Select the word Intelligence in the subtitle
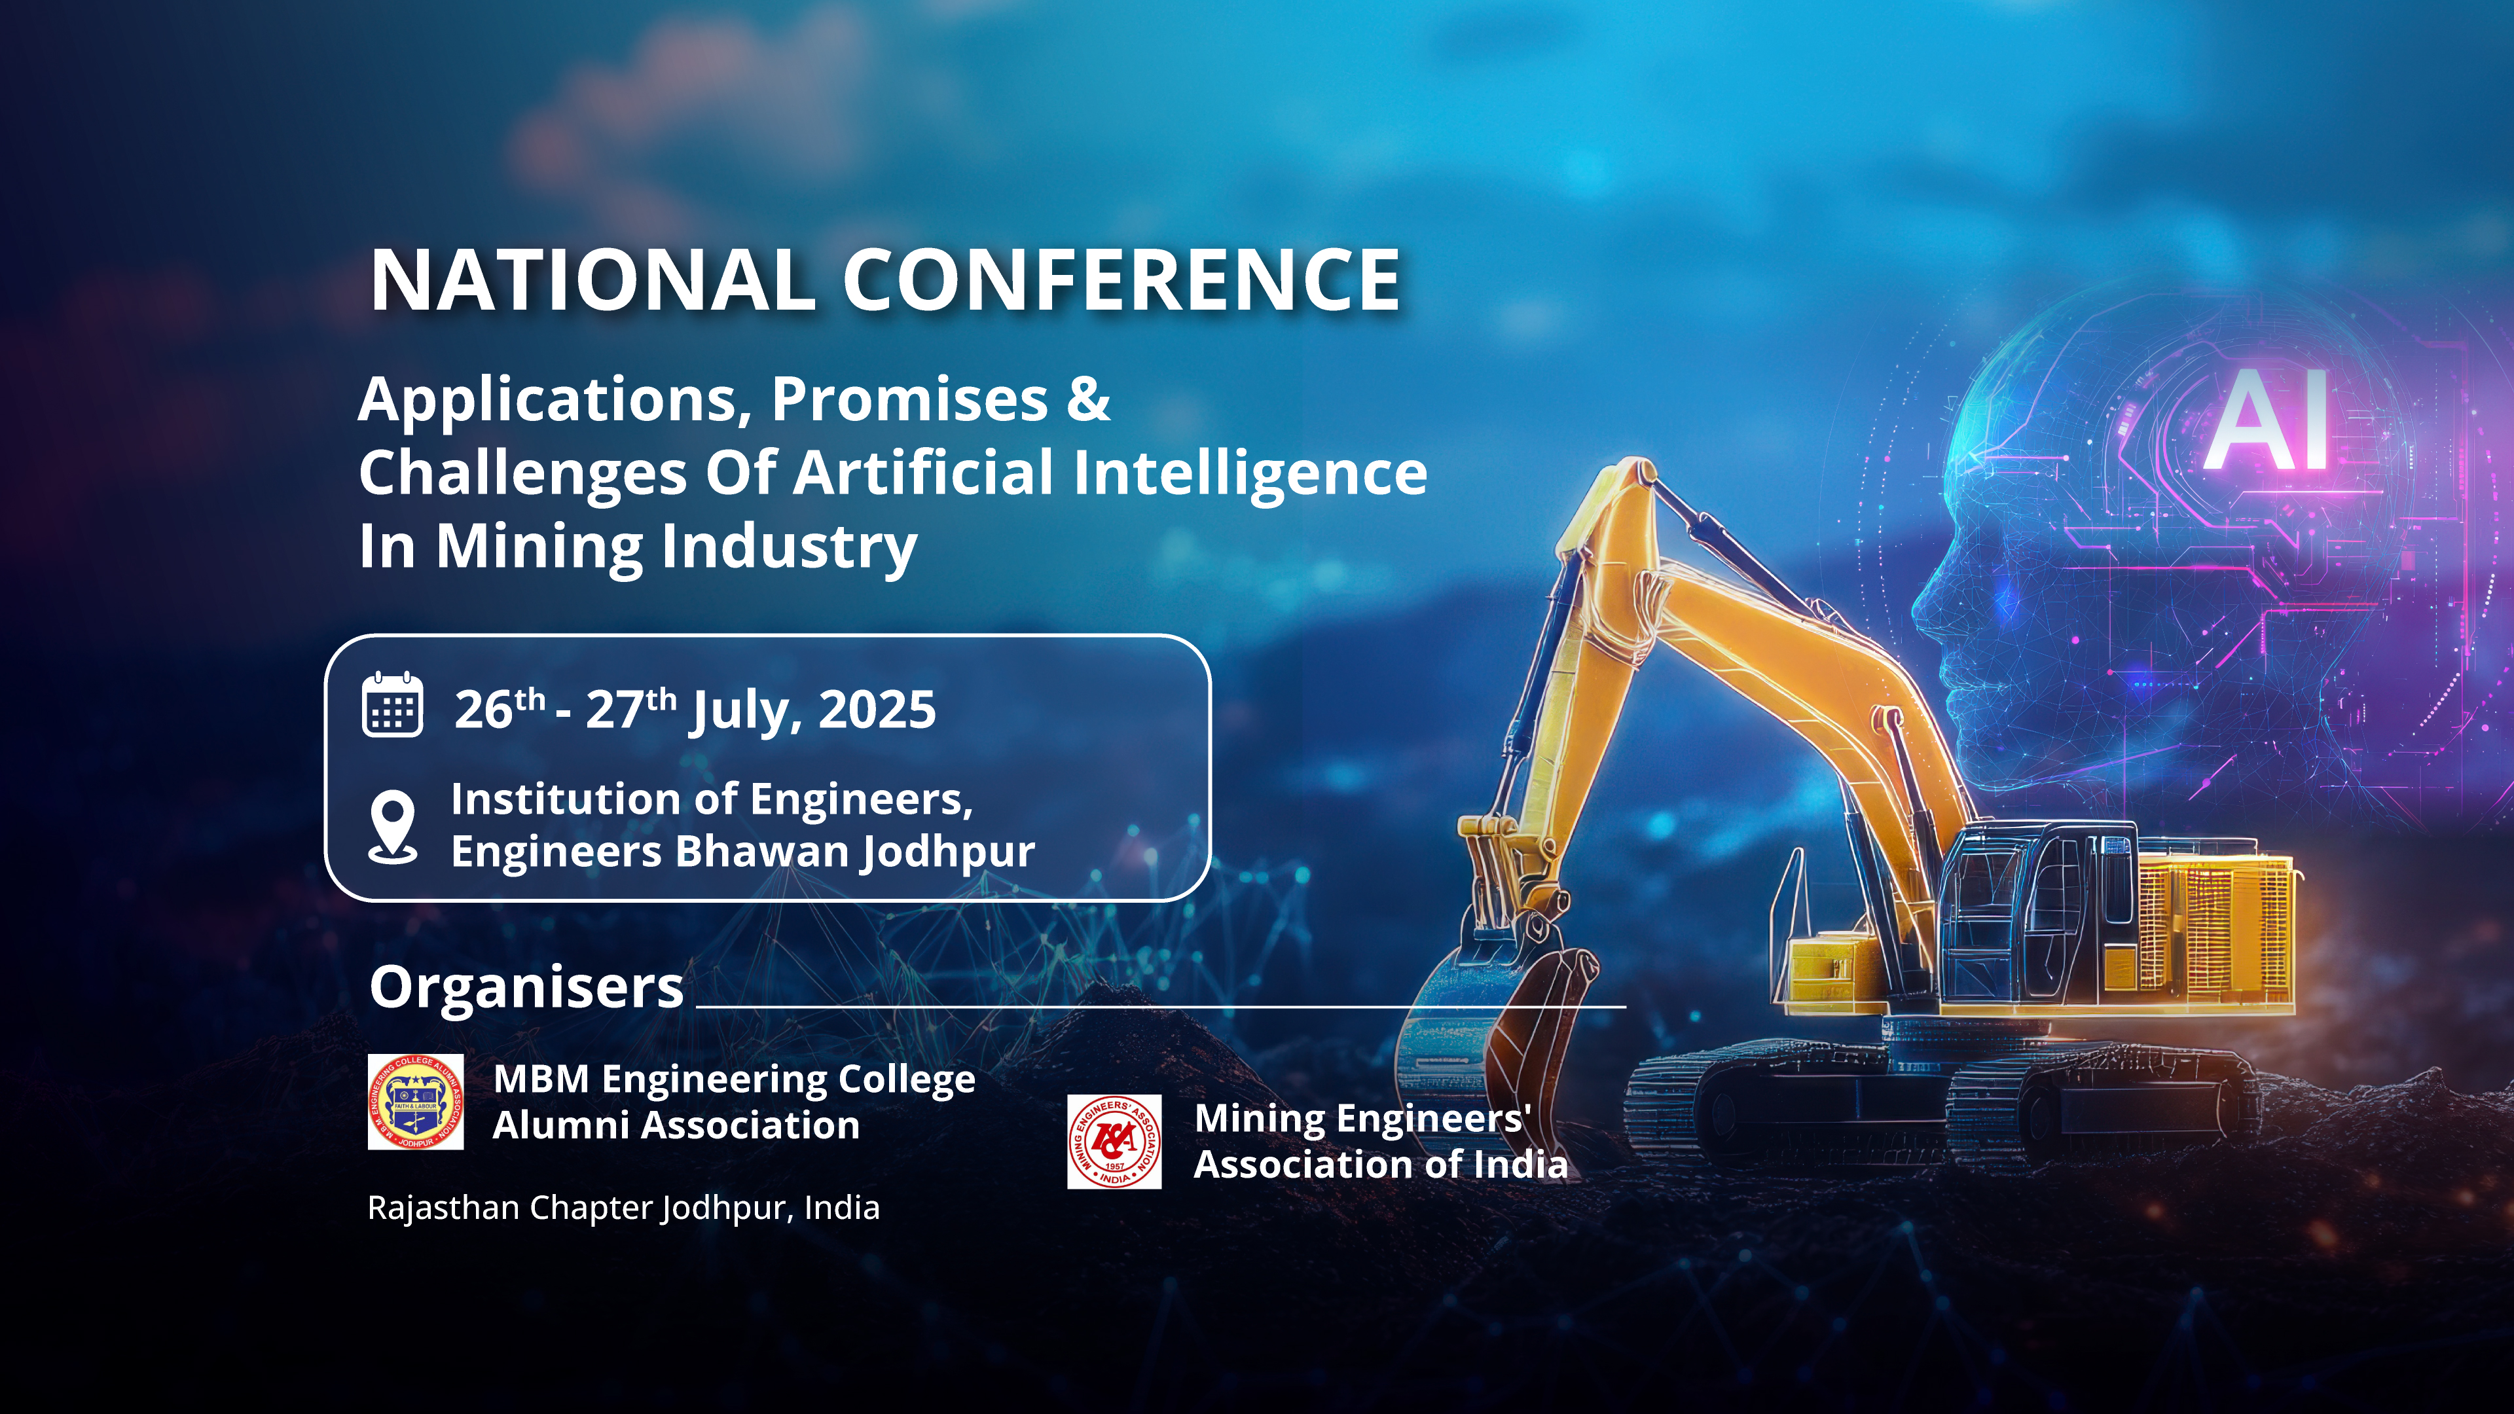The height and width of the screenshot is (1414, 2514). coord(1250,474)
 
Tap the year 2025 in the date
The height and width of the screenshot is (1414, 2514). coord(877,710)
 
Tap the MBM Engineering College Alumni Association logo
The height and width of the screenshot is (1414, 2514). coord(416,1102)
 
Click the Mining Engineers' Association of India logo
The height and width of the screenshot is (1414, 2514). coord(1114,1142)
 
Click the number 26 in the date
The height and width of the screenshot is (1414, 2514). coord(484,710)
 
